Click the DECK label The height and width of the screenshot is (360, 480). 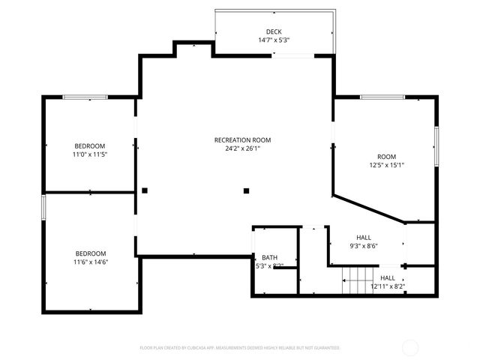click(x=274, y=31)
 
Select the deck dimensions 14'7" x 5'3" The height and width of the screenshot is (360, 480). click(x=274, y=40)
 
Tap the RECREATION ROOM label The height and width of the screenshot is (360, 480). click(x=242, y=139)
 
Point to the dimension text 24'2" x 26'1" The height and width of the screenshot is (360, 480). click(x=242, y=148)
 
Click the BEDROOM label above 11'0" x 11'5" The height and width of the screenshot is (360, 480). click(x=89, y=145)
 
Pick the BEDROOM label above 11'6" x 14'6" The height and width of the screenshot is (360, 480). click(x=90, y=253)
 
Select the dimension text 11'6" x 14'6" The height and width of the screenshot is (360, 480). click(x=90, y=262)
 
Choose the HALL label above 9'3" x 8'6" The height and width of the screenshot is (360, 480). click(x=364, y=236)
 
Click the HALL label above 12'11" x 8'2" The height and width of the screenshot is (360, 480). click(x=388, y=277)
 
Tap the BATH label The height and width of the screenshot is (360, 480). click(x=269, y=257)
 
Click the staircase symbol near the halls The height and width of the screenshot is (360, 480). click(x=353, y=280)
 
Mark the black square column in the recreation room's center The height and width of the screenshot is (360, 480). click(x=246, y=190)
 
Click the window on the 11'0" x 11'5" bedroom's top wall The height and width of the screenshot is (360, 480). click(x=85, y=97)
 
